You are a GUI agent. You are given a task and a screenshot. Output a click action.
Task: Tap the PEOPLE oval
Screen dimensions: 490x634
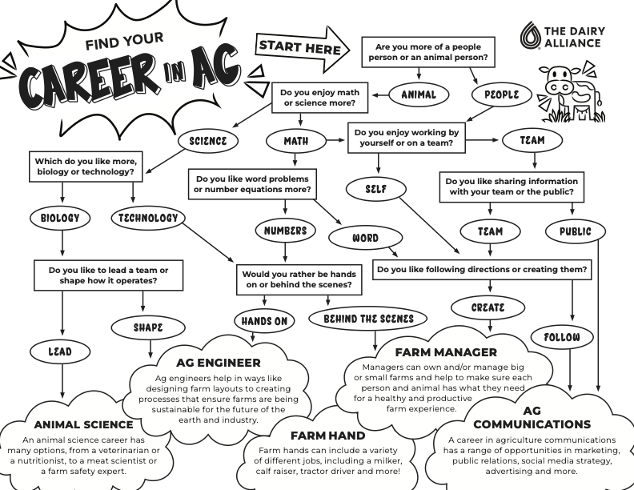(502, 94)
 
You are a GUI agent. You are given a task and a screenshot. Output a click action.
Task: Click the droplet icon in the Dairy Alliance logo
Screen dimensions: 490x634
(531, 36)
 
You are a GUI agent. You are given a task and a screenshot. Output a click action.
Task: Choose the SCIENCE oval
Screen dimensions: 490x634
(208, 142)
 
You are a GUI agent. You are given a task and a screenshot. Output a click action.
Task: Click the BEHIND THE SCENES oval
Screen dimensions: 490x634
(369, 319)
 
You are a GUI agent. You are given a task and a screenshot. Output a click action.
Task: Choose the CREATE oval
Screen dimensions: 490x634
(488, 307)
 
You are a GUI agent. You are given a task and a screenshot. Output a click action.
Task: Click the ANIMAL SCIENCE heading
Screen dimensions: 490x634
(84, 424)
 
